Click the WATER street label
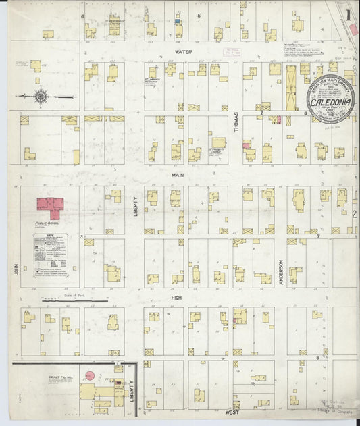click(x=183, y=51)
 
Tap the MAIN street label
click(x=178, y=174)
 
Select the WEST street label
click(x=233, y=411)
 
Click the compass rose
click(x=41, y=97)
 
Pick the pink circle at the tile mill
click(x=88, y=375)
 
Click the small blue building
click(x=178, y=21)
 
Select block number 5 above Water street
click(x=199, y=15)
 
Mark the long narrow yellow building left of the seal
click(x=291, y=88)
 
